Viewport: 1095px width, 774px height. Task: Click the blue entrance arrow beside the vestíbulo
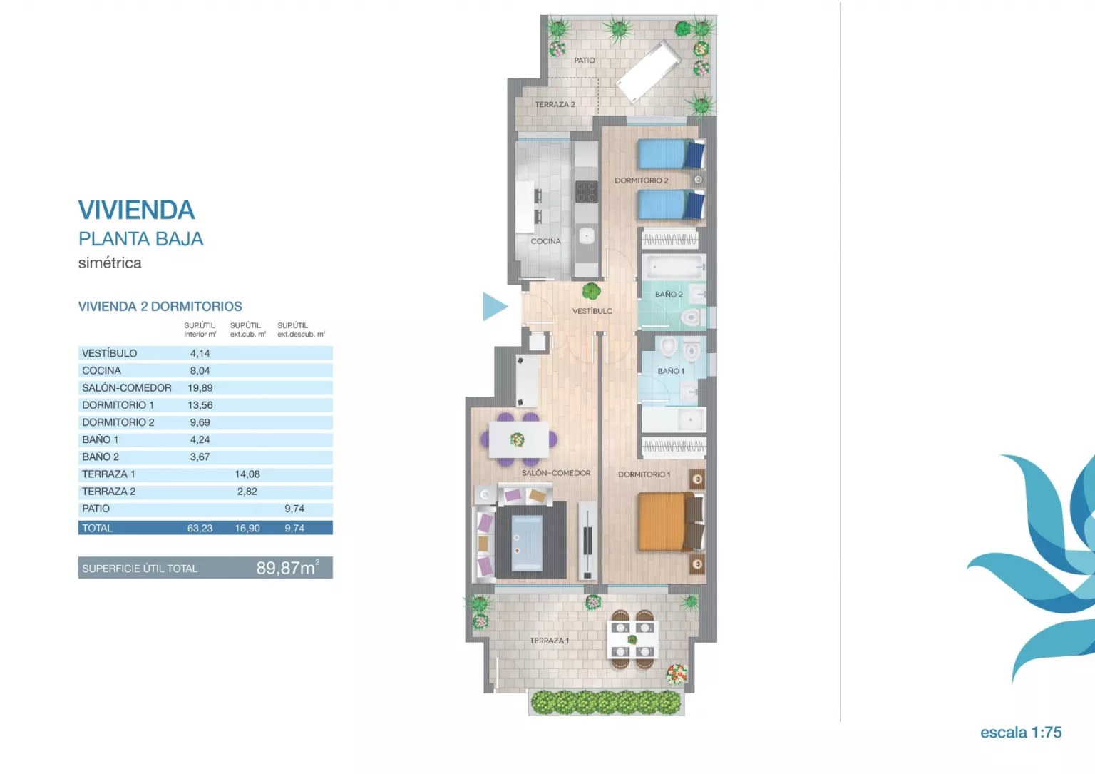(x=494, y=307)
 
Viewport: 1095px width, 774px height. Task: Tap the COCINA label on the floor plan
(x=545, y=241)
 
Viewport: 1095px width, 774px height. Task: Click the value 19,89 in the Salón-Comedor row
(x=200, y=388)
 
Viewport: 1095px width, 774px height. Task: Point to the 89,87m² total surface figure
(x=288, y=568)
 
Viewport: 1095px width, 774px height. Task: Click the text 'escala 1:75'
(x=1021, y=733)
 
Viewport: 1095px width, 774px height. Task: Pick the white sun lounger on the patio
(x=648, y=71)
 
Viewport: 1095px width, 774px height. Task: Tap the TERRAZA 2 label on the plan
(x=555, y=104)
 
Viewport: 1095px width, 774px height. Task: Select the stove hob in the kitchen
(x=586, y=192)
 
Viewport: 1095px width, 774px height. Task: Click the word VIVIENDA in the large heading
(x=136, y=210)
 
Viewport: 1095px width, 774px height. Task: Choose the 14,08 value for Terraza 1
(x=247, y=474)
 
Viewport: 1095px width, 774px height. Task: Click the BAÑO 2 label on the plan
(x=668, y=294)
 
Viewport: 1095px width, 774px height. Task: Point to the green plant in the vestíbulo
(x=592, y=292)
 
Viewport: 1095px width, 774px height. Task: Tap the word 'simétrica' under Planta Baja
(x=110, y=263)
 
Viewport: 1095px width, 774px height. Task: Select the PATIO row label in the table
(x=96, y=509)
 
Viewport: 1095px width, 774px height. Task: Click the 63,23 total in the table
(x=200, y=529)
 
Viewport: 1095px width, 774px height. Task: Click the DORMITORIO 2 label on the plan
(x=641, y=180)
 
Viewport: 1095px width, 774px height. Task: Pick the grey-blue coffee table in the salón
(x=527, y=543)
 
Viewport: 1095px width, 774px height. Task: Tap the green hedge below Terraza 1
(x=606, y=702)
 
